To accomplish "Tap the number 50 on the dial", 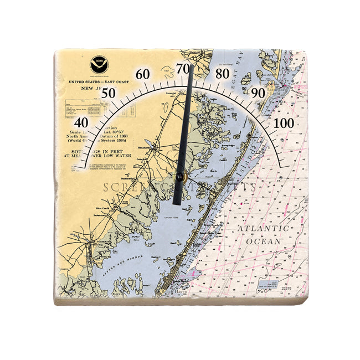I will (x=109, y=93).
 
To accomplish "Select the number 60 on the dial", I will (x=142, y=74).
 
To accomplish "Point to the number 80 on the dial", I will (x=222, y=74).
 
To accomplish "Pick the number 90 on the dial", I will (x=258, y=93).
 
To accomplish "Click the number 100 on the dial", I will (x=285, y=122).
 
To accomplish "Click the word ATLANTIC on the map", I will (x=263, y=229).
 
